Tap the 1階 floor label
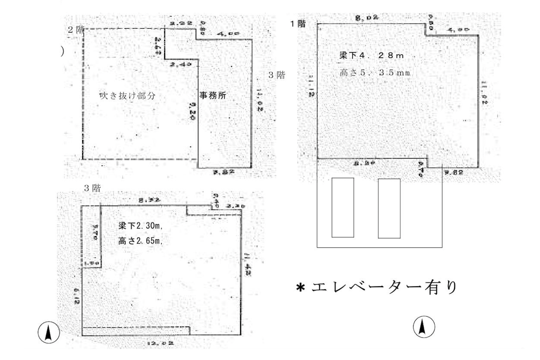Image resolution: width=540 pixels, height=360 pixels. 298,24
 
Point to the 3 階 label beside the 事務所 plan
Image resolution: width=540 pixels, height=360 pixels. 276,75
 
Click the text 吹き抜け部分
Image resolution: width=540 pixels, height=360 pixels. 127,96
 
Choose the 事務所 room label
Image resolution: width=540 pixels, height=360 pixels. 213,96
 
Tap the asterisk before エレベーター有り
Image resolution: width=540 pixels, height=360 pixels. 300,288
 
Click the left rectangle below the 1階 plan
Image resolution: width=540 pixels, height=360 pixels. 343,207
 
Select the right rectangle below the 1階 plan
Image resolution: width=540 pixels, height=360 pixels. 389,208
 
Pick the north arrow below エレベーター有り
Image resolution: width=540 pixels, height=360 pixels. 423,327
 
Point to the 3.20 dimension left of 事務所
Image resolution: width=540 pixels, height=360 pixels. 192,111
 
